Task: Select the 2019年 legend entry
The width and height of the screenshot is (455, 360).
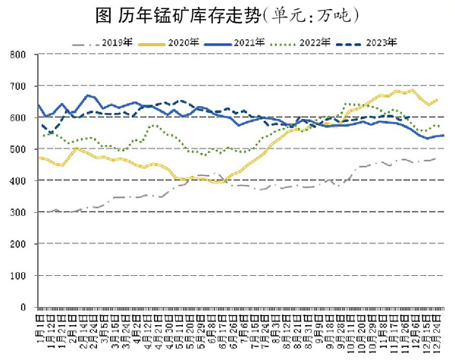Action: (115, 42)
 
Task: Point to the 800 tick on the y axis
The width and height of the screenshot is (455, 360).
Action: (19, 55)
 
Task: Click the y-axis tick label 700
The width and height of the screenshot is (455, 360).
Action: (19, 86)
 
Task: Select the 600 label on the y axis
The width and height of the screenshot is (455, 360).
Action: (19, 118)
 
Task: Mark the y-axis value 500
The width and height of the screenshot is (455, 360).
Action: (19, 149)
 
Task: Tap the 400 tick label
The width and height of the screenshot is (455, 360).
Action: (19, 181)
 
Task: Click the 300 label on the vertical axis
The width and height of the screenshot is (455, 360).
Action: (19, 213)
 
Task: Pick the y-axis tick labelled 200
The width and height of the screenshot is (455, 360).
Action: (19, 245)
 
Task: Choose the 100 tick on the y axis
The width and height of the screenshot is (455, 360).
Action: (19, 277)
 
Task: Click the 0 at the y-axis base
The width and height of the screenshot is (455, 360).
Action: (24, 308)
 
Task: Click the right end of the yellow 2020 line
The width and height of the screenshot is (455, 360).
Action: (437, 99)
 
